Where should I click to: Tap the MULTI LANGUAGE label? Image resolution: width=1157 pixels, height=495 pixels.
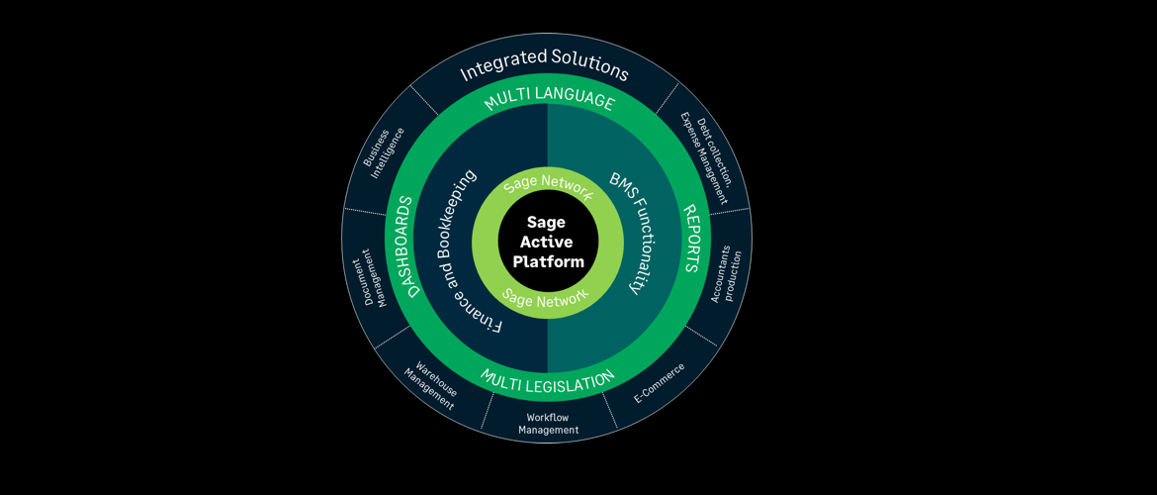[x=549, y=101]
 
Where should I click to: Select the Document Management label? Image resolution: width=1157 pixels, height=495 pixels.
[x=368, y=277]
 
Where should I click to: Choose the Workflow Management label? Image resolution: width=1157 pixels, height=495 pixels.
[x=548, y=424]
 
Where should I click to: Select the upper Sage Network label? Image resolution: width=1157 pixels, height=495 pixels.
[x=548, y=186]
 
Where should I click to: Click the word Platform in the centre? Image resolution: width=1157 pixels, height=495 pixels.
[x=548, y=262]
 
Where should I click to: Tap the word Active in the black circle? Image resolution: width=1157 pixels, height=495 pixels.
[x=548, y=243]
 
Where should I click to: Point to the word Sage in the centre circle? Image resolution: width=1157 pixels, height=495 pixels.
[x=546, y=223]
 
